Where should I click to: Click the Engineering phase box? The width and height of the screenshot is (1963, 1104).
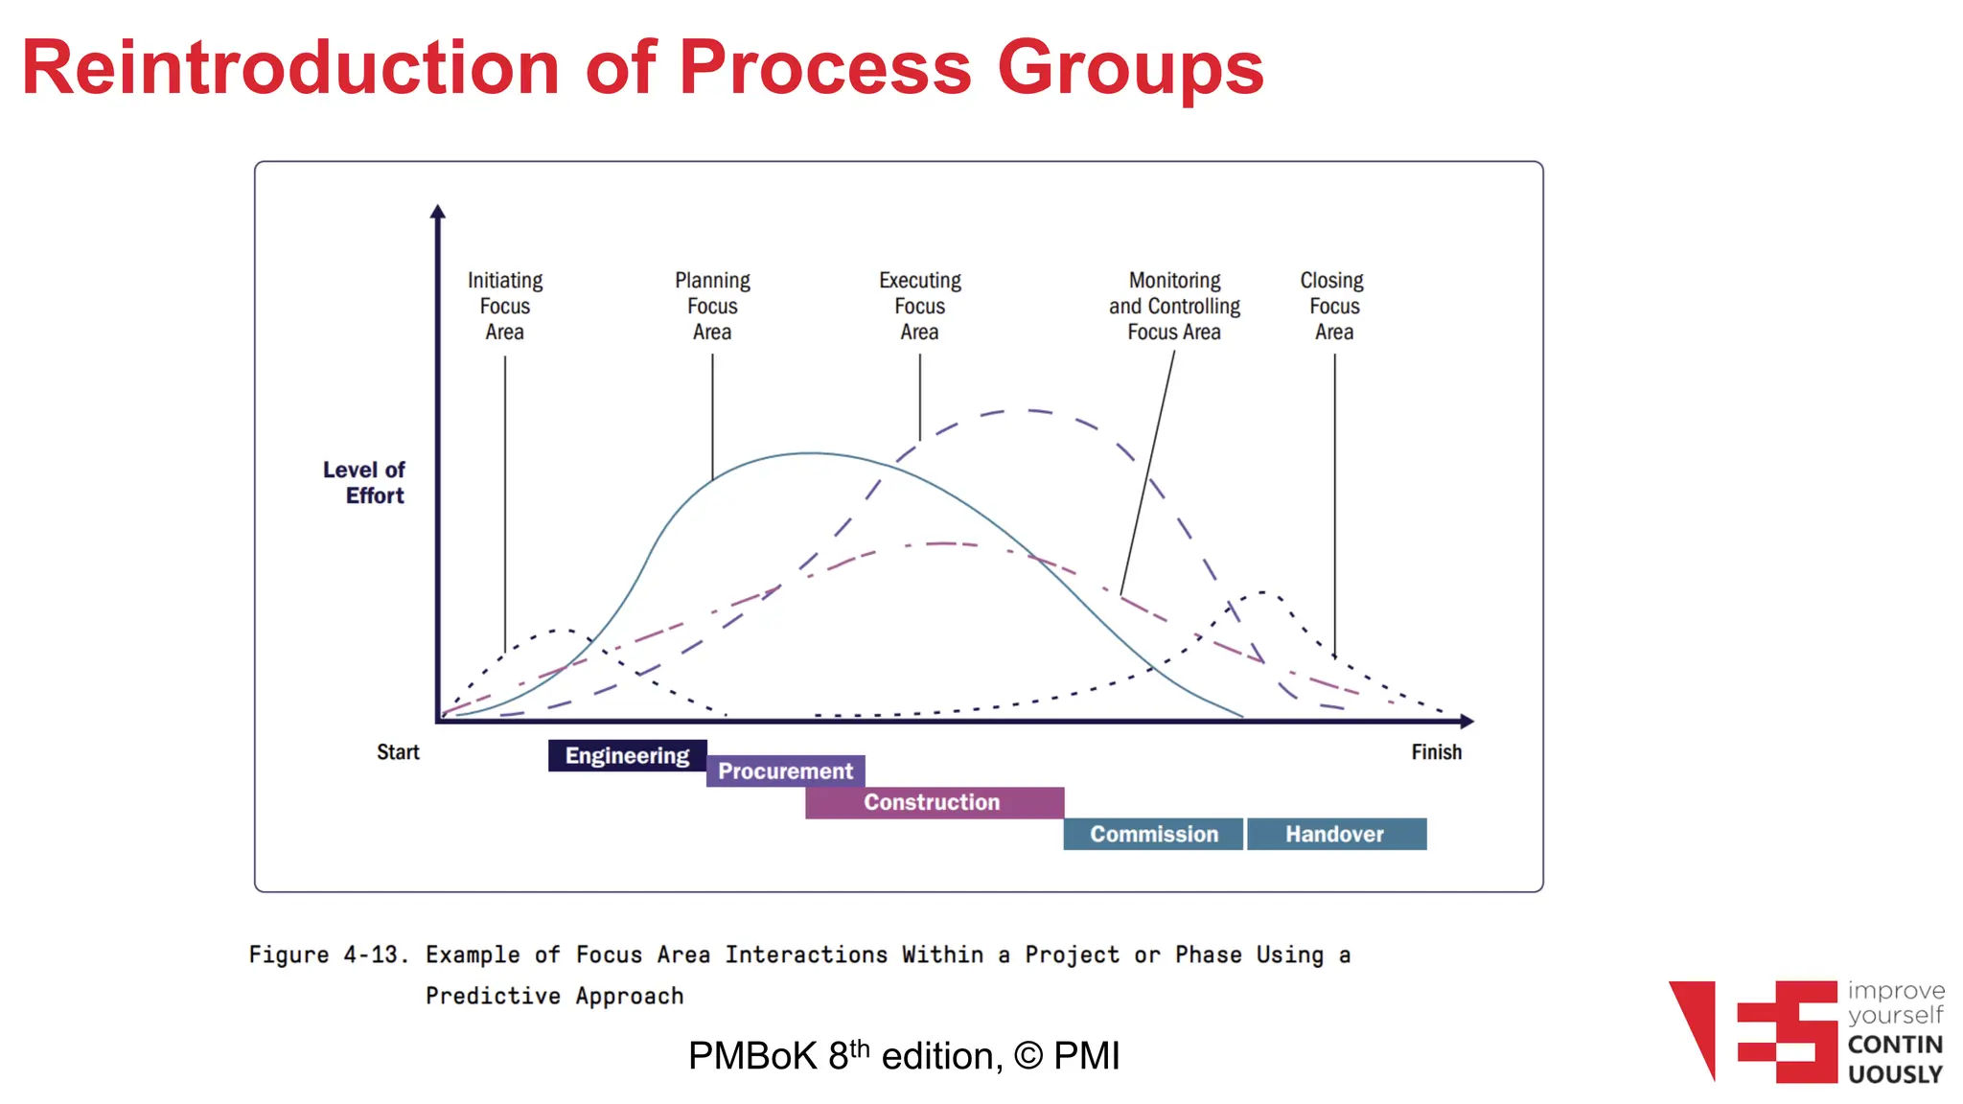[x=627, y=755]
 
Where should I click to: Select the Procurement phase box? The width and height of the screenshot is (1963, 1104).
[x=785, y=770]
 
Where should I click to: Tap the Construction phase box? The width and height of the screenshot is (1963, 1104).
[x=934, y=802]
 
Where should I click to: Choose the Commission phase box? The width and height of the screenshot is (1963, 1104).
[x=1153, y=834]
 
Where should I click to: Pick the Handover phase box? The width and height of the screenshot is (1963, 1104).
[x=1335, y=834]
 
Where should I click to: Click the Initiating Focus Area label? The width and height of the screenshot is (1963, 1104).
[x=505, y=306]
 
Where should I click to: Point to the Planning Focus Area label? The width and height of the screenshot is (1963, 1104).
[x=712, y=306]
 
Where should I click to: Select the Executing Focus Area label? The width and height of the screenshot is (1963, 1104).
[x=920, y=306]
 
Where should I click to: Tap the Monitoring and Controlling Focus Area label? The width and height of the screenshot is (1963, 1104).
[x=1174, y=306]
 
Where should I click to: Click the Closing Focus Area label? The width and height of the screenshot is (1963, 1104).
[x=1333, y=306]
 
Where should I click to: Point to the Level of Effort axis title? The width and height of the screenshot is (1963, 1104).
[x=365, y=482]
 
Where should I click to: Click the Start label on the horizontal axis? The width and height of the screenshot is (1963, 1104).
[x=398, y=752]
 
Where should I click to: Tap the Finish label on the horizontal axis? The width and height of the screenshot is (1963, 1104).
[x=1436, y=752]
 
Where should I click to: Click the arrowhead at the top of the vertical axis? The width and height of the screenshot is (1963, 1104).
[x=438, y=212]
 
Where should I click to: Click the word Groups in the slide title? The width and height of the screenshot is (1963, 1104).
[x=1130, y=69]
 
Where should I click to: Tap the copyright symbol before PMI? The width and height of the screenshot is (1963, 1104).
[x=1028, y=1056]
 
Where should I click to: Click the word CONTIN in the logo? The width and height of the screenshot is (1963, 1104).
[x=1894, y=1045]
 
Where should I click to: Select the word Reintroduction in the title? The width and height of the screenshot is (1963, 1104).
[x=290, y=69]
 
